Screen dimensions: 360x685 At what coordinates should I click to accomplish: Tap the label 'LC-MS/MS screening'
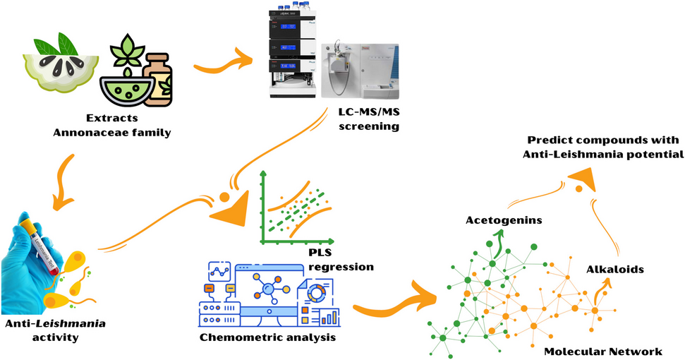368,119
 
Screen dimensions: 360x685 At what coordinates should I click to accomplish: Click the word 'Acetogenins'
504,220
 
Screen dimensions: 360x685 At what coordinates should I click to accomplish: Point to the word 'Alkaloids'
614,269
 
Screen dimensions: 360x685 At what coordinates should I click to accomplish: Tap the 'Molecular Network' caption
602,351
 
